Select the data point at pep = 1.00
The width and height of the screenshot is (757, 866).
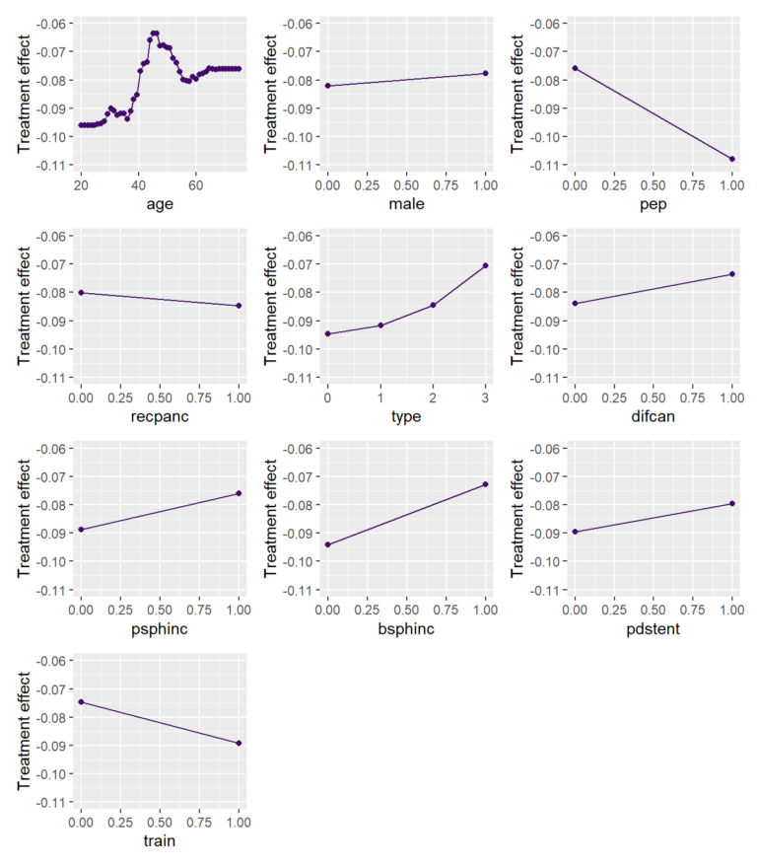click(732, 159)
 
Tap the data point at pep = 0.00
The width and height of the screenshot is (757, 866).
click(575, 68)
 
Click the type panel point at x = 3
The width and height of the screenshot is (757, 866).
click(486, 265)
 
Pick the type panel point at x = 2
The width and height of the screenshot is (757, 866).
click(433, 305)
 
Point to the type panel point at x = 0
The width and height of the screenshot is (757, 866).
click(327, 333)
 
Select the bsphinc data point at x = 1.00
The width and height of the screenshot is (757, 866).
click(486, 484)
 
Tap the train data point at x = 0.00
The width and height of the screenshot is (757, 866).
click(81, 702)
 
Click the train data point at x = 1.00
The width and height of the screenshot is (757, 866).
click(240, 743)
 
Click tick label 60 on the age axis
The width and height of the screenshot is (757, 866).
click(196, 184)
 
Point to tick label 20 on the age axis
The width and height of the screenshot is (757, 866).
click(81, 184)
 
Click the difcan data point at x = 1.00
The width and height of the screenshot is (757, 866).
click(732, 273)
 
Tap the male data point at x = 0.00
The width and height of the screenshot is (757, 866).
click(327, 86)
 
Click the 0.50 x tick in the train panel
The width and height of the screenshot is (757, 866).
click(160, 821)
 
